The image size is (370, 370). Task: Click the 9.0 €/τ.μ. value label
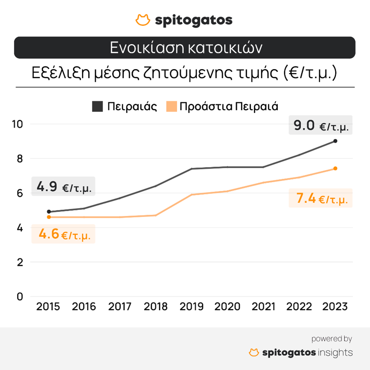pos(321,126)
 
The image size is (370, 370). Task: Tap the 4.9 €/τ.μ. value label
pos(64,187)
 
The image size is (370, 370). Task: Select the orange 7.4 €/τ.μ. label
pos(321,199)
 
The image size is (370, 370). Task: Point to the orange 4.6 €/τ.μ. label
pos(64,234)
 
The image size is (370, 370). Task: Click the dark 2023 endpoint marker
pos(335,141)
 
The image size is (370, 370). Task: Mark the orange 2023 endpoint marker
pos(335,169)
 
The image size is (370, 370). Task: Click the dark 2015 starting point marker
pos(48,212)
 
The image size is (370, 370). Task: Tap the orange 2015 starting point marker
pos(48,217)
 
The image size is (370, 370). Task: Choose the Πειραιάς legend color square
pos(97,106)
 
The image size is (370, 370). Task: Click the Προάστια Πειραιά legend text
pos(229,106)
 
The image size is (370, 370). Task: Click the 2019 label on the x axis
pos(192,306)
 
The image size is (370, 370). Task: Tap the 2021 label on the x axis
pos(263,306)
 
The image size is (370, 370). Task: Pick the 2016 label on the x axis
pos(84,306)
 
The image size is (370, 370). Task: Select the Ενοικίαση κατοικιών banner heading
pos(185,48)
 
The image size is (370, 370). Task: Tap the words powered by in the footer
pos(331,339)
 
